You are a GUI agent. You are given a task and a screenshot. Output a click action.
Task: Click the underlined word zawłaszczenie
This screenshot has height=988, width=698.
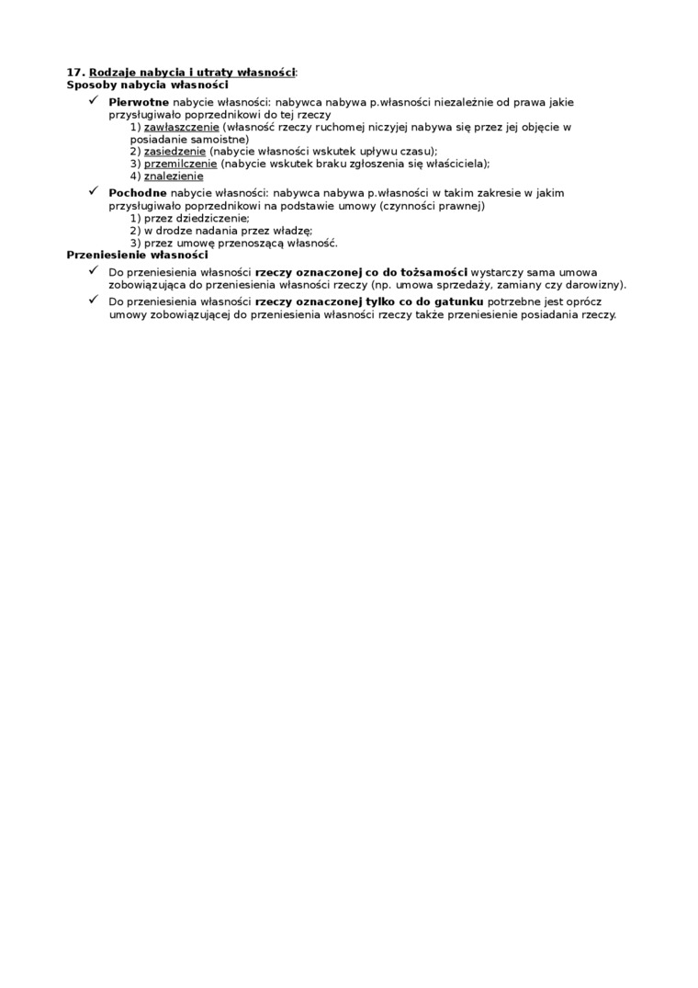point(182,127)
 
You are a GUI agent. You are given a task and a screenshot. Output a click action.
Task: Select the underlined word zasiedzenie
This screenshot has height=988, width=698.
point(175,152)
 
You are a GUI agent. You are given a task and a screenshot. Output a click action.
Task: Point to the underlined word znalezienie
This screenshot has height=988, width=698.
point(174,176)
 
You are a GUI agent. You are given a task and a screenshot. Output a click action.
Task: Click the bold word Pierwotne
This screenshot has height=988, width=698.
point(138,102)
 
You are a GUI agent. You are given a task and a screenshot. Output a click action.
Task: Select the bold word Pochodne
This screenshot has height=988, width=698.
point(137,194)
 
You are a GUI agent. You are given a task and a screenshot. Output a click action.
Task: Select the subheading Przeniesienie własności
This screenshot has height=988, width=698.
point(138,255)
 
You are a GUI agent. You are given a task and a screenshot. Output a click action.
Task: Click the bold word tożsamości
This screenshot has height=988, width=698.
point(435,273)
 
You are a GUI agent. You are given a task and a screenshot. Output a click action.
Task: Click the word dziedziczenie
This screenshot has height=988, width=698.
point(197,219)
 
